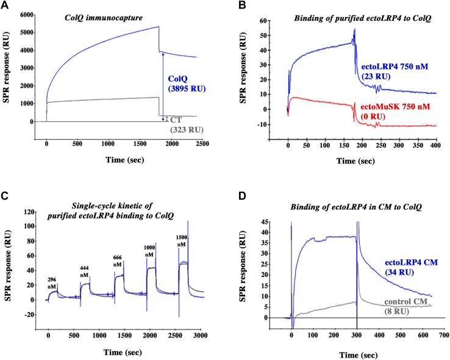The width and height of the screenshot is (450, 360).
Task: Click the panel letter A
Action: tap(5, 5)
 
